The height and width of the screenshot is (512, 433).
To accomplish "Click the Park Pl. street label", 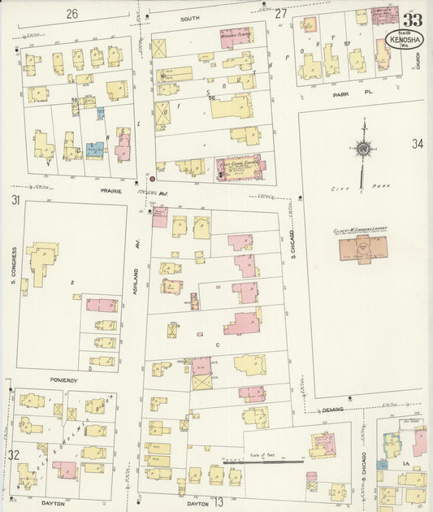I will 342,94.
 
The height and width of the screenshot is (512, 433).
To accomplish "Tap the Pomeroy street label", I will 63,380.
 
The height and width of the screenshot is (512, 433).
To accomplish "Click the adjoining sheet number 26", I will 72,14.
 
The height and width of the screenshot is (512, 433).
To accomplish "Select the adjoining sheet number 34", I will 417,144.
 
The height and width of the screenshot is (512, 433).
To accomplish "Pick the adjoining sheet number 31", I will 15,200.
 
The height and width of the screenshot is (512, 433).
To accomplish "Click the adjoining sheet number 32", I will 15,455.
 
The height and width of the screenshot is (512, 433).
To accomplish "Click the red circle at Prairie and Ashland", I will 150,178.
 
